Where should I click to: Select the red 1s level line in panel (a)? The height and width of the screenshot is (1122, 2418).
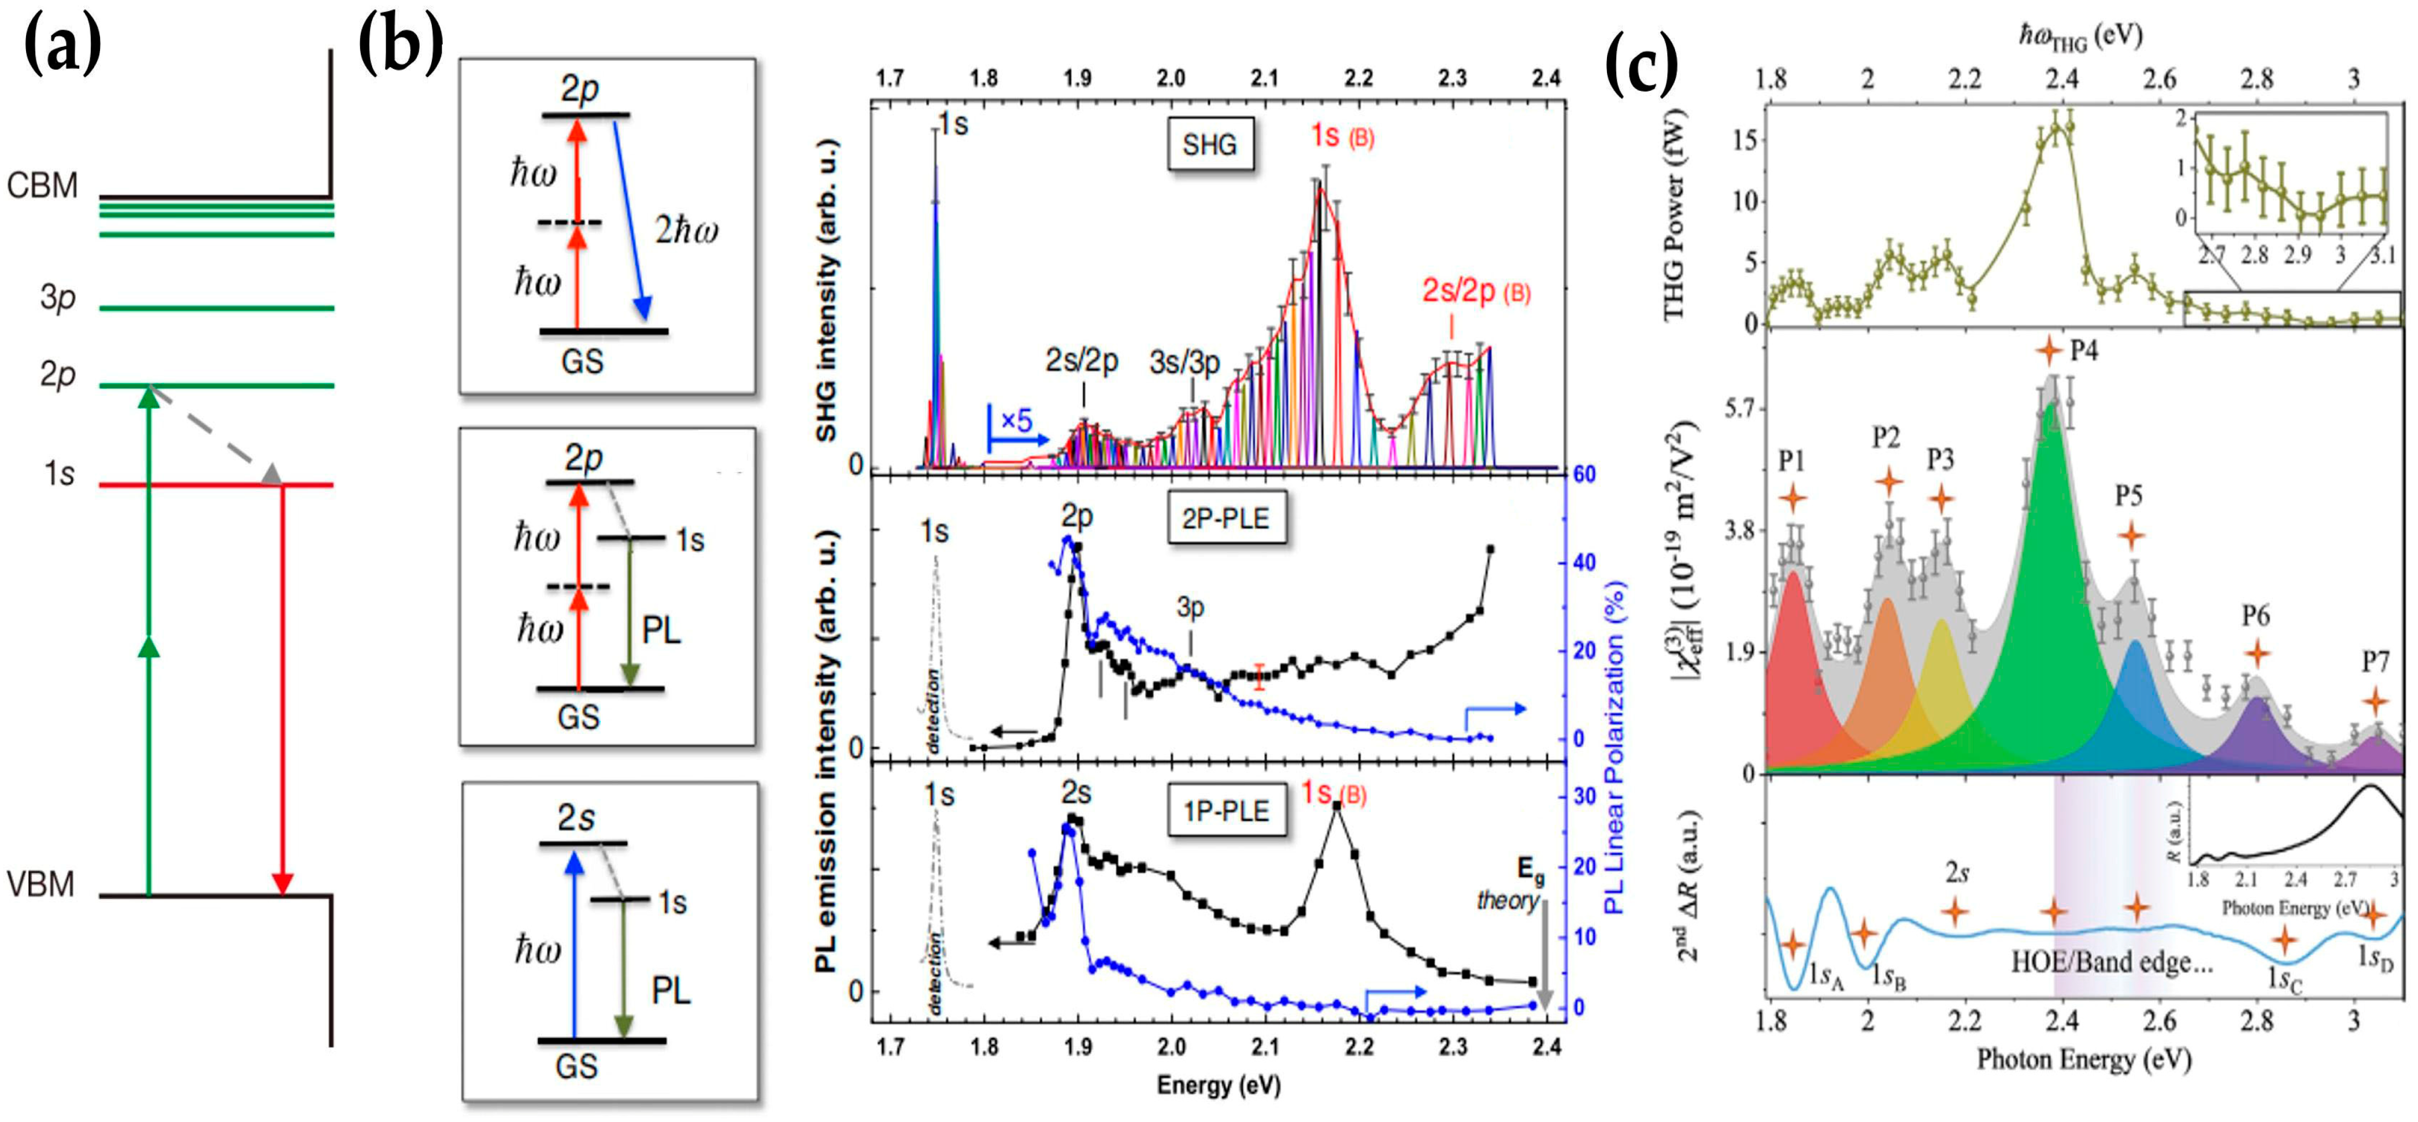click(x=216, y=486)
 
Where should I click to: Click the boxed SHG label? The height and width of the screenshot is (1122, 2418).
click(x=1210, y=145)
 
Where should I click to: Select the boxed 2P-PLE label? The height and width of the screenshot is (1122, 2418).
click(x=1226, y=519)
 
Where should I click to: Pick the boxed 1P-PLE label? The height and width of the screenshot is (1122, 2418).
click(x=1226, y=810)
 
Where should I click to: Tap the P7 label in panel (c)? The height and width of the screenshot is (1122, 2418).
click(x=2375, y=662)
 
